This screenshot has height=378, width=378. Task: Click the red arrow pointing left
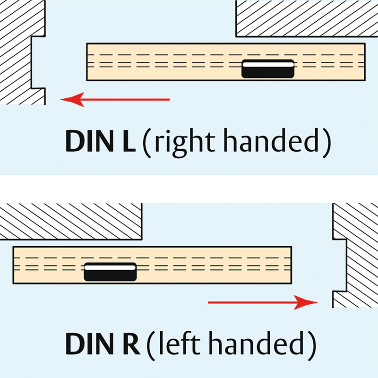tap(116, 99)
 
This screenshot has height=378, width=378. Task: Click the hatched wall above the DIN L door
tap(307, 17)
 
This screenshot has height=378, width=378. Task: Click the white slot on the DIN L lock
tap(268, 63)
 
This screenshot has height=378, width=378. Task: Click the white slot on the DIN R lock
tap(110, 267)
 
